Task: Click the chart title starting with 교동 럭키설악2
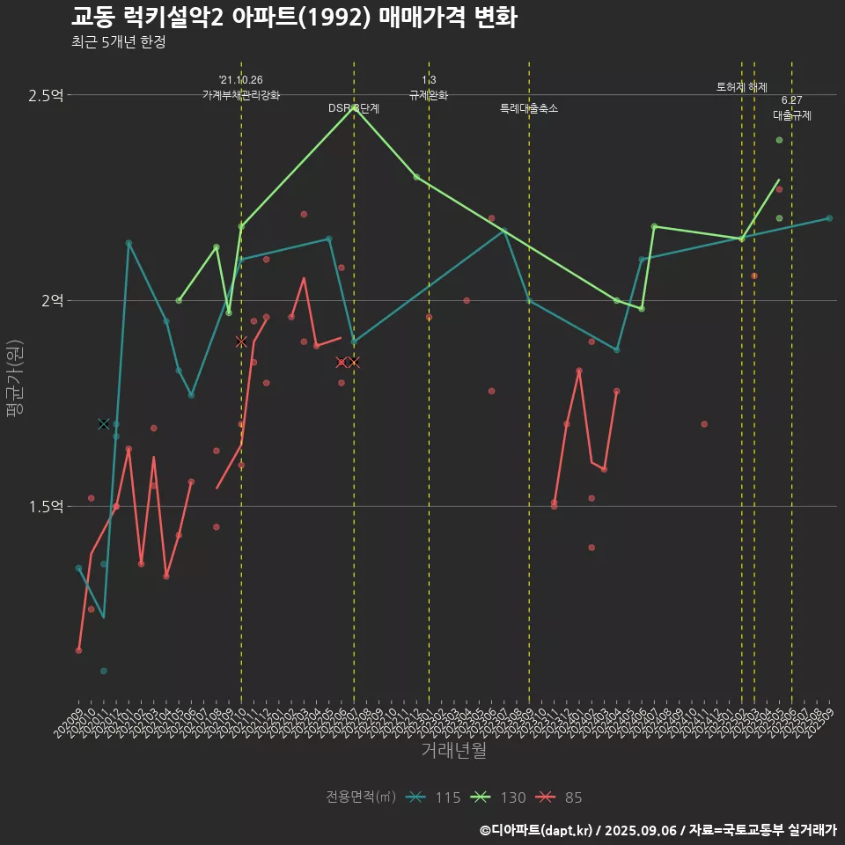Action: pyautogui.click(x=294, y=18)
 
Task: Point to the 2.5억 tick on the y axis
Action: pyautogui.click(x=46, y=95)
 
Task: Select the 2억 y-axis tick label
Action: pyautogui.click(x=52, y=301)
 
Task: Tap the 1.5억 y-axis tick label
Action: pyautogui.click(x=46, y=507)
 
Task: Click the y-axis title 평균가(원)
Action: pyautogui.click(x=14, y=378)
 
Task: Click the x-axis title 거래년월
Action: pyautogui.click(x=453, y=751)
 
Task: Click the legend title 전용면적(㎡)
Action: pyautogui.click(x=361, y=797)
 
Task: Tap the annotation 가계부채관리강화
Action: pyautogui.click(x=241, y=95)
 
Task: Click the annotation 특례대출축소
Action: pyautogui.click(x=529, y=108)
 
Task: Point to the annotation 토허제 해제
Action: pyautogui.click(x=742, y=87)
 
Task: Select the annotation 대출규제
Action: pyautogui.click(x=792, y=115)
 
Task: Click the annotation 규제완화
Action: pyautogui.click(x=429, y=95)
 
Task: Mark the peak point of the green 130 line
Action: pyautogui.click(x=354, y=107)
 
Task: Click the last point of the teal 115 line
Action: pyautogui.click(x=829, y=218)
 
